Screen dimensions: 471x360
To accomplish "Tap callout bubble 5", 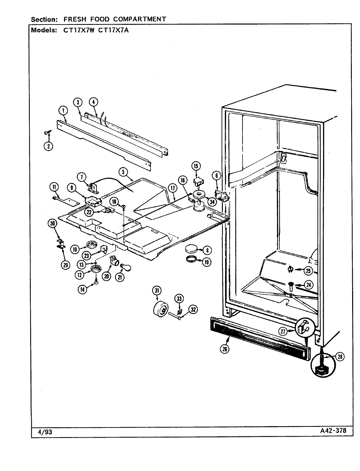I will (x=123, y=171).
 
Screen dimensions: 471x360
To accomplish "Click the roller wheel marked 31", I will (x=161, y=308).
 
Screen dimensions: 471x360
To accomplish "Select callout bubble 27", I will (x=283, y=331).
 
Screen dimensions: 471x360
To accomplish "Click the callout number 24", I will (x=308, y=285).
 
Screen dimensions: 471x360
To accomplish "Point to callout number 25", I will (x=308, y=270).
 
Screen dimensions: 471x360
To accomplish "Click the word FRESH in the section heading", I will (x=68, y=19).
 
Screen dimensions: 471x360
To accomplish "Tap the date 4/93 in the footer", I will (x=45, y=432).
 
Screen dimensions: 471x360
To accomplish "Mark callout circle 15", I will (x=196, y=166).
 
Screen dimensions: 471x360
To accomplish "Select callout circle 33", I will (x=179, y=298).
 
